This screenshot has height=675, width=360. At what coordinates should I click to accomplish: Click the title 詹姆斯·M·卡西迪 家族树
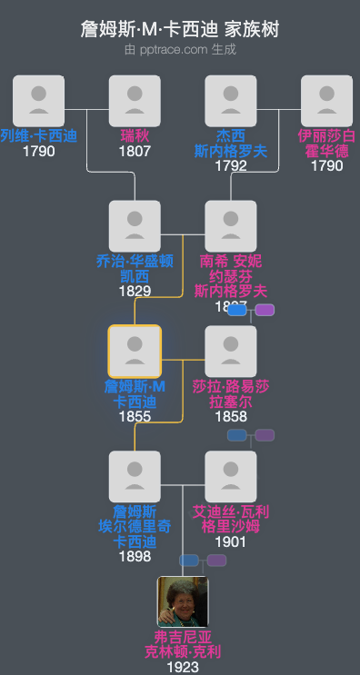coord(180,30)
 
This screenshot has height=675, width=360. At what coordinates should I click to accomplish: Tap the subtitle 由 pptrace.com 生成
coord(180,50)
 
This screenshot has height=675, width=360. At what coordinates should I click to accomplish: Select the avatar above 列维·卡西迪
coord(39,101)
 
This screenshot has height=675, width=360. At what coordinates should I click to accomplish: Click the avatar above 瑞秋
coord(135,101)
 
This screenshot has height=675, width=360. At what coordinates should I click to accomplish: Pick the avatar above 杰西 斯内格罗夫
coord(231,101)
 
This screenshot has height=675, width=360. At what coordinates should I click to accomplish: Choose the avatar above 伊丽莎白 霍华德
coord(326,101)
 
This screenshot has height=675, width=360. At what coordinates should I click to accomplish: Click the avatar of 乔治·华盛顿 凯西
coord(135,226)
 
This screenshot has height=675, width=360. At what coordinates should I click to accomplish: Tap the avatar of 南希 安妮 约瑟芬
coord(231,226)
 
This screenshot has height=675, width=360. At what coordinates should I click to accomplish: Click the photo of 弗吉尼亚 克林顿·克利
coord(183,601)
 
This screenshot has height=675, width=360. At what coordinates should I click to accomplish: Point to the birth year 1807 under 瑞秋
coord(135,152)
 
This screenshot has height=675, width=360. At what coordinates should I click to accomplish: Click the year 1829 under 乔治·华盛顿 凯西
coord(135,292)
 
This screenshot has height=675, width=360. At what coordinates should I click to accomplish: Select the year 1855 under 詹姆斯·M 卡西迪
coord(135,416)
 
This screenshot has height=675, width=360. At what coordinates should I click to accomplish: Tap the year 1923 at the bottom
coord(183,667)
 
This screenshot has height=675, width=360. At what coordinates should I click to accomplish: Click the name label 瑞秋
coord(135,136)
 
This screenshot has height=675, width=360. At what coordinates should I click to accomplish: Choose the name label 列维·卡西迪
coord(39,136)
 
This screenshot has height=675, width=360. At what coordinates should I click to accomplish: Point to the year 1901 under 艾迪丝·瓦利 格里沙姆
coord(231,541)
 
